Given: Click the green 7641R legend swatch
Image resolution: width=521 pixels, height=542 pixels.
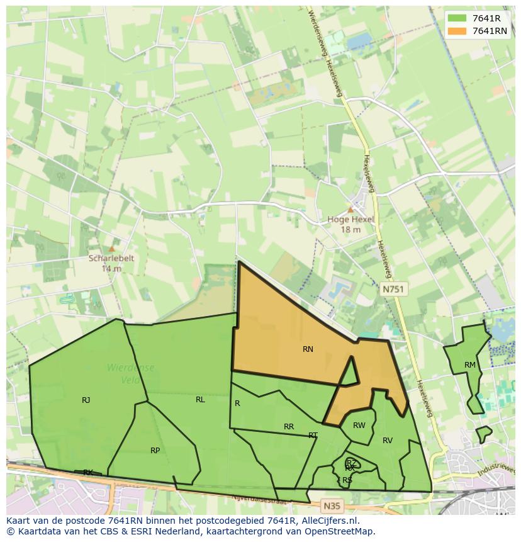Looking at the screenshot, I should [x=457, y=18].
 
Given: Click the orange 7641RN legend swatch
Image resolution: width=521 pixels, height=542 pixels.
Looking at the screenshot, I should [x=457, y=31].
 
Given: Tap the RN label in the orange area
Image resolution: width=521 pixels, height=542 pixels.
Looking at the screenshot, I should [x=308, y=349].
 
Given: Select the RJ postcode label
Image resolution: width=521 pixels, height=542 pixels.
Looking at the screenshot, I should [x=86, y=400].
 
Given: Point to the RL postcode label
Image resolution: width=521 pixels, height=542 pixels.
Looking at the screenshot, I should [x=200, y=400].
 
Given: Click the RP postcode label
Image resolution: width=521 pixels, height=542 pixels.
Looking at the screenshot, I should [x=155, y=451].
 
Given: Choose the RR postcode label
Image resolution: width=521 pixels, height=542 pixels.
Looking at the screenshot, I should [x=289, y=427].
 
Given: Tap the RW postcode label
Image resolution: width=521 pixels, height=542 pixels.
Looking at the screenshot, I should [x=359, y=426].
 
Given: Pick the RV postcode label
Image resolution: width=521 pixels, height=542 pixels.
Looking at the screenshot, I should [x=388, y=441].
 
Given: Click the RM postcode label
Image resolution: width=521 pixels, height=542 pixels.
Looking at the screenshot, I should [x=470, y=365].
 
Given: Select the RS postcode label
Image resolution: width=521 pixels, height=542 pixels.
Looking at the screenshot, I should [x=347, y=480].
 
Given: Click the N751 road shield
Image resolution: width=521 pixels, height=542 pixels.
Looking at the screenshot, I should [x=394, y=289].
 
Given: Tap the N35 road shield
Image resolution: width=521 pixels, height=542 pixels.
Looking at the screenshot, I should [x=332, y=505].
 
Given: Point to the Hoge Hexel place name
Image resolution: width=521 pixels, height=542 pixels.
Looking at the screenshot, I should [x=350, y=220].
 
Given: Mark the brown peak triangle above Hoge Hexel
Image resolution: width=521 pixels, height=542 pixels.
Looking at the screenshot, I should [x=350, y=210].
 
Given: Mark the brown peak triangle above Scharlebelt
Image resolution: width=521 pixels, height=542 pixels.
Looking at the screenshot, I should [x=112, y=249].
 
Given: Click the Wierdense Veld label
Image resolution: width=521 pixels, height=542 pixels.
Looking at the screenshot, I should [x=130, y=373].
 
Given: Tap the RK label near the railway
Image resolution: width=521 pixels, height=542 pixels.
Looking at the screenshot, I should [x=88, y=472].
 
